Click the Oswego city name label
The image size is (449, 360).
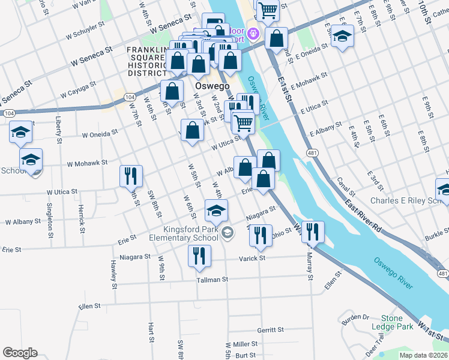coord(212,86)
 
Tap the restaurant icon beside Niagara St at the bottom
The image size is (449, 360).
coord(199,256)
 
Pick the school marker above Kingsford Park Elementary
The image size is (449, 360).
coord(216,210)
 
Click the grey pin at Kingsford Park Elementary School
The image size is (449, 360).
coord(227,232)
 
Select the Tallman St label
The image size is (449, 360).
coord(212,280)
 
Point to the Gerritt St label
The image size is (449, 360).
coord(270,330)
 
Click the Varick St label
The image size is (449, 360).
coord(253,259)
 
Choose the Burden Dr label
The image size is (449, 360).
coord(357,316)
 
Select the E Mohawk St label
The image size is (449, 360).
coord(309,81)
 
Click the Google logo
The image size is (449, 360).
coord(20,353)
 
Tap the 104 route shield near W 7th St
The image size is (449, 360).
coord(129,97)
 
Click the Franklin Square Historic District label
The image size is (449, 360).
coord(148,60)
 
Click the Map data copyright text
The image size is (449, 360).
coord(424,355)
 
